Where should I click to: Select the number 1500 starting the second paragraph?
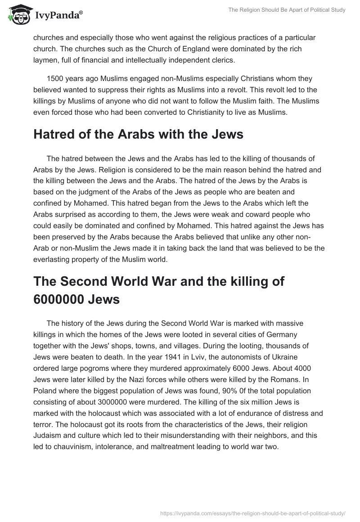(x=55, y=78)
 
